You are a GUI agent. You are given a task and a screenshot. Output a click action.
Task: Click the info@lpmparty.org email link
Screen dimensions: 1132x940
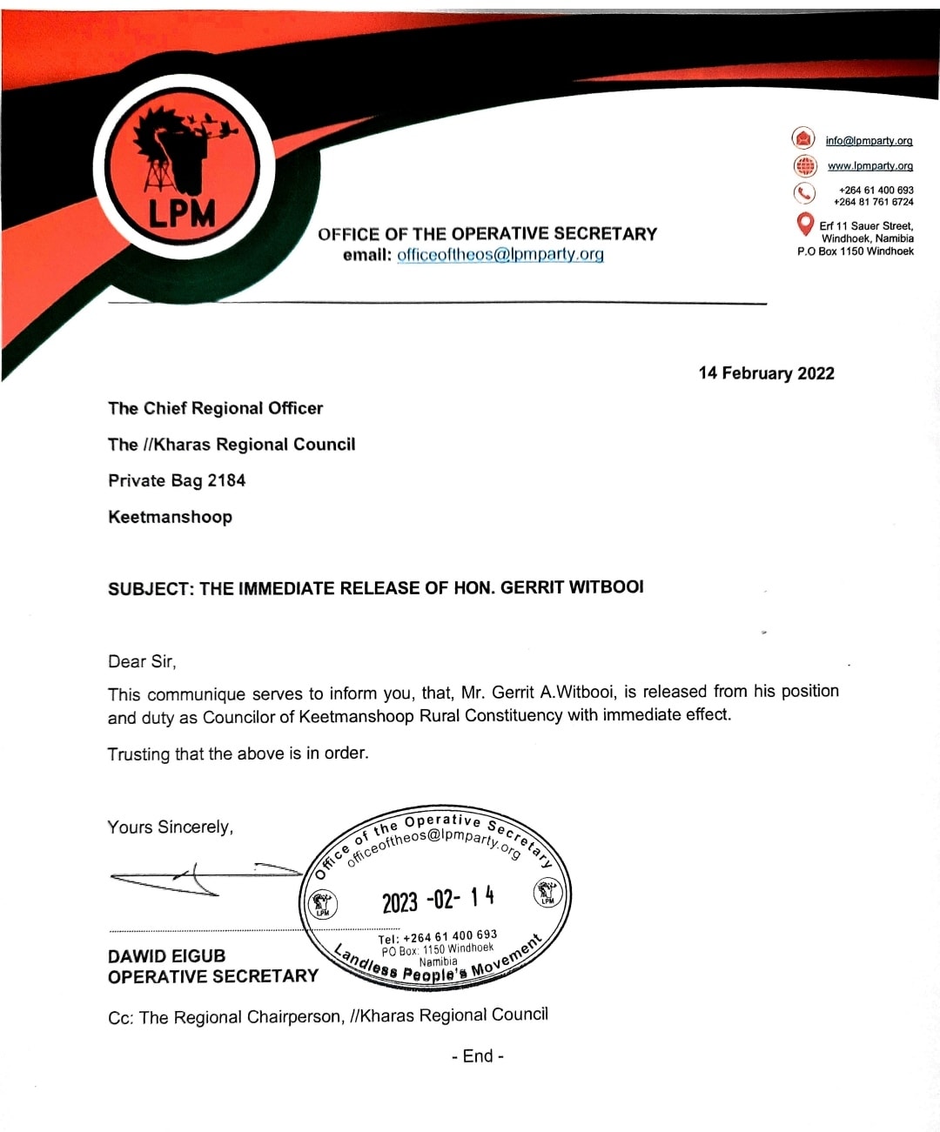869,141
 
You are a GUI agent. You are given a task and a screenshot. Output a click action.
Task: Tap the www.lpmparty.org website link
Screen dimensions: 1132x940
869,166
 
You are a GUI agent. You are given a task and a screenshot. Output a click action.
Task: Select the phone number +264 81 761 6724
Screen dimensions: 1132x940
873,202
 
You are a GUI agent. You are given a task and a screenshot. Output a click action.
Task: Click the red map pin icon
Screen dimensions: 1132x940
805,224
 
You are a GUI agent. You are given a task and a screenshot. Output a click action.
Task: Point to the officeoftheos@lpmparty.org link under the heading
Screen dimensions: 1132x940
500,255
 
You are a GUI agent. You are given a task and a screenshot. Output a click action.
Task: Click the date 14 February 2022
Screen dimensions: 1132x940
766,373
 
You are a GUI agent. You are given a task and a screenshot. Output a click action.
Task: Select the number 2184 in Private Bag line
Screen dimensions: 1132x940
226,480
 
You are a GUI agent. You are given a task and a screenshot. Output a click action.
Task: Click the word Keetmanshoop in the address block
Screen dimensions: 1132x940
170,517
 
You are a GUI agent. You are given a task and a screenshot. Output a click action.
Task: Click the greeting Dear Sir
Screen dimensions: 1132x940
141,662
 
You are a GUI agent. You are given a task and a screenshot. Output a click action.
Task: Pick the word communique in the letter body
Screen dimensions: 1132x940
196,694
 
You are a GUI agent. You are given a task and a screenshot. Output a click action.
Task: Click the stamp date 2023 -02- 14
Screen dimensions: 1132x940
438,899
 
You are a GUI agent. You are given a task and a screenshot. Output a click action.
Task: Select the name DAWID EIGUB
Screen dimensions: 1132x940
166,956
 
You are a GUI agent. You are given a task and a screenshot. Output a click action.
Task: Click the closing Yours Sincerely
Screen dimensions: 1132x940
170,827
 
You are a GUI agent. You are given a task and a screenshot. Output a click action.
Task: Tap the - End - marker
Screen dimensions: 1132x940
478,1056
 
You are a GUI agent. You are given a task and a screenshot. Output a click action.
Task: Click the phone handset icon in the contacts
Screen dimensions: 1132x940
803,192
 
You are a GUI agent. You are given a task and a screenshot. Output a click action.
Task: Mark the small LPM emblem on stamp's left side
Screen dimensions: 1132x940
323,903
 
